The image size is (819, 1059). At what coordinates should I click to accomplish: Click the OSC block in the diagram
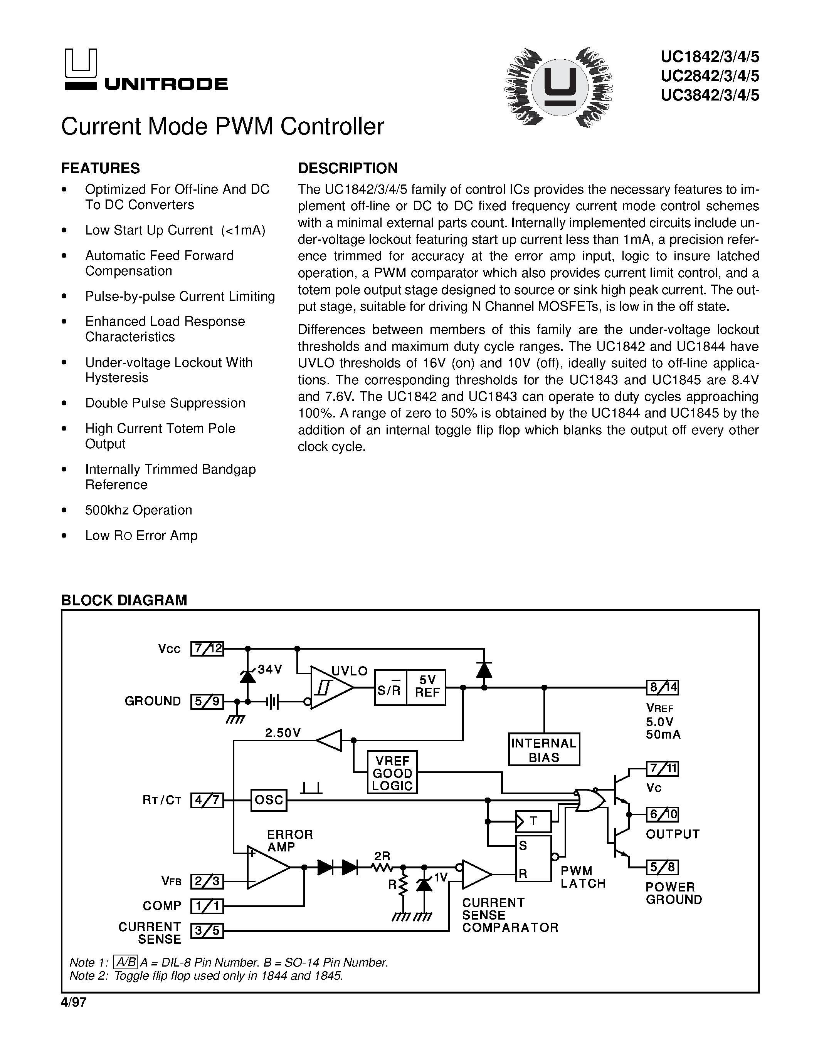pyautogui.click(x=269, y=800)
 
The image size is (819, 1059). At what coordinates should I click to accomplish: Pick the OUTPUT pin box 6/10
pyautogui.click(x=662, y=814)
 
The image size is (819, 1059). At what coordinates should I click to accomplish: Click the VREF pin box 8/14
pyautogui.click(x=662, y=687)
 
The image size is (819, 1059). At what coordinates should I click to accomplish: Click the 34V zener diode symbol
pyautogui.click(x=248, y=675)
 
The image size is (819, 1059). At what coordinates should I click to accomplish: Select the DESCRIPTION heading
pyautogui.click(x=347, y=168)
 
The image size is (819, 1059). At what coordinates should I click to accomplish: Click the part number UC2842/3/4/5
pyautogui.click(x=709, y=76)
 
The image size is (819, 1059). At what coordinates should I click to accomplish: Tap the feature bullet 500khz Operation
pyautogui.click(x=139, y=510)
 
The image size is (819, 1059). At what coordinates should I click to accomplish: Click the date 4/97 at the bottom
pyautogui.click(x=74, y=1002)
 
